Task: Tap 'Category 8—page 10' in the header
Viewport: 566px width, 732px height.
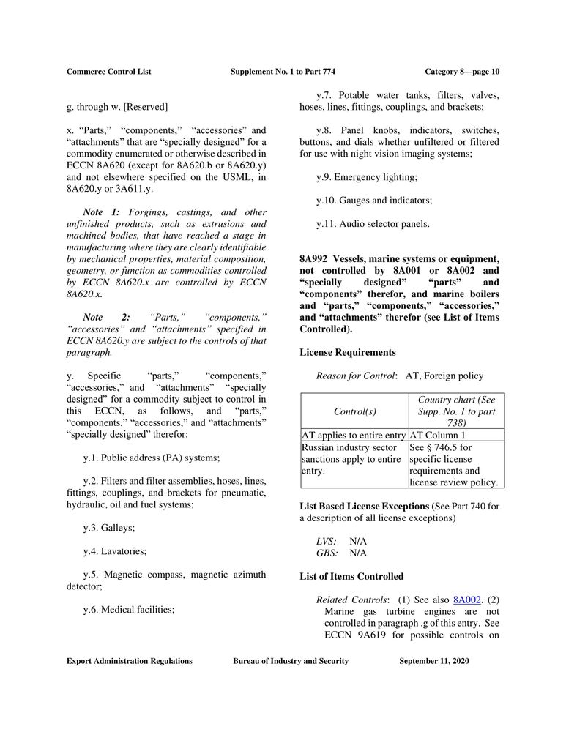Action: (461, 72)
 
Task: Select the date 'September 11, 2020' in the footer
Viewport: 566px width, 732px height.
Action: (433, 661)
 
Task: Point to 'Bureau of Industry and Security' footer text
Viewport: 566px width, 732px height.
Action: (291, 661)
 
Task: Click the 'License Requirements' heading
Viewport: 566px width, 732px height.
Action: (348, 352)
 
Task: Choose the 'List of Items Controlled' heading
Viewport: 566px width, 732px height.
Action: (351, 576)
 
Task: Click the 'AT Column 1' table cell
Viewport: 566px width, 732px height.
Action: (437, 434)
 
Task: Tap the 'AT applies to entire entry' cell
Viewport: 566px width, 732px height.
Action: (354, 434)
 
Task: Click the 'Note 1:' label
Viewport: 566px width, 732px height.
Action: (101, 212)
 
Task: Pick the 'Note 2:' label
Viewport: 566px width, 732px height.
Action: (106, 316)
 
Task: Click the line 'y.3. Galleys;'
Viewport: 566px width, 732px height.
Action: (109, 527)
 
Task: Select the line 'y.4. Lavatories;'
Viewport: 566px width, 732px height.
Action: (115, 550)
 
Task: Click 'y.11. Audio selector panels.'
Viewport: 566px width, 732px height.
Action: (373, 224)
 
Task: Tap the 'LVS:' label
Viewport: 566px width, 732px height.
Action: (327, 541)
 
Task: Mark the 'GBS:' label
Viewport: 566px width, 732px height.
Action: (327, 553)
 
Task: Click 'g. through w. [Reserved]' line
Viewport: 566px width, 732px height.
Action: (117, 107)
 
